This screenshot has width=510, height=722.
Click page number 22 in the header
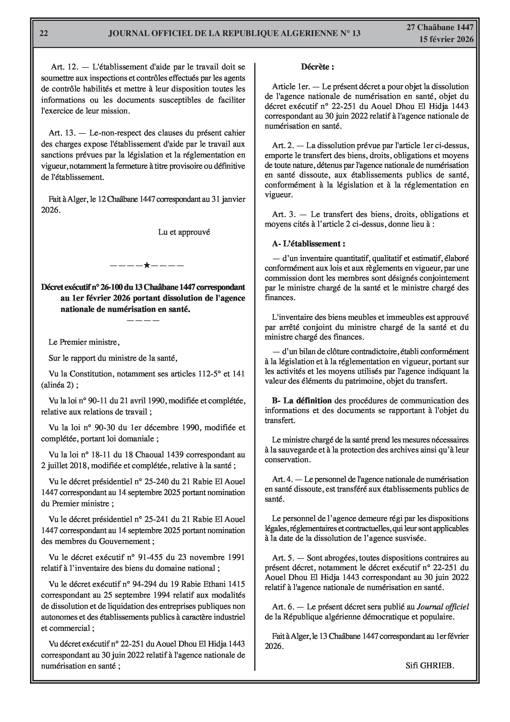pos(44,34)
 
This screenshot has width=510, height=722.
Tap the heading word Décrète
pos(317,67)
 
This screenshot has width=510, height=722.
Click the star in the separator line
pos(147,265)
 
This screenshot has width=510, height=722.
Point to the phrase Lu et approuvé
pos(184,232)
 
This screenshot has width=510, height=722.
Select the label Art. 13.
pos(62,133)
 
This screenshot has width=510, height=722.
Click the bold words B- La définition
pos(302,400)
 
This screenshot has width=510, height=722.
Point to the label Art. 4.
pos(282,479)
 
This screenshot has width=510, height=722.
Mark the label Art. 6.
pos(283,607)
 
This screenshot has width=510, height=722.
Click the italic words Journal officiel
pos(443,607)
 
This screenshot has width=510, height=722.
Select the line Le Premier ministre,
pos(84,342)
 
